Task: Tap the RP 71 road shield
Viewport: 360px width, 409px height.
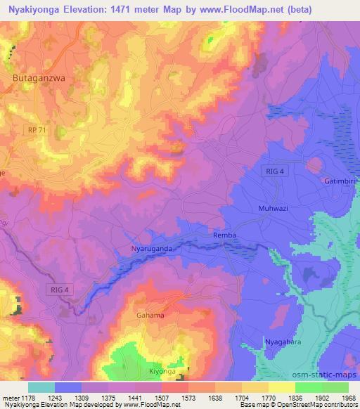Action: click(x=36, y=130)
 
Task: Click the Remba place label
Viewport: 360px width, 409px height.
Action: click(x=224, y=236)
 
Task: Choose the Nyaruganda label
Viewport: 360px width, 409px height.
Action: click(x=152, y=248)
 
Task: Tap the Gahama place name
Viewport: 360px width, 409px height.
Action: click(x=150, y=316)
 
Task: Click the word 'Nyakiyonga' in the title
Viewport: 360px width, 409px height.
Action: click(x=37, y=11)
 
